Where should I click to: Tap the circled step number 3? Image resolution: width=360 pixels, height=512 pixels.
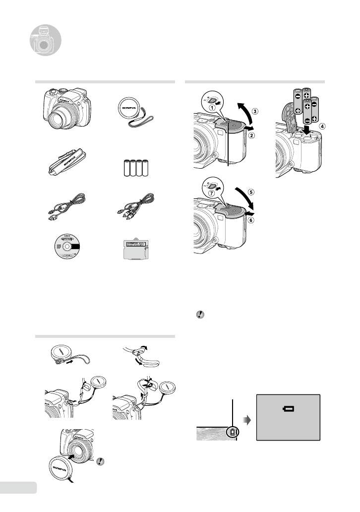pos(254,112)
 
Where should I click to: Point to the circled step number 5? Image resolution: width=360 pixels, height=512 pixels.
pos(251,192)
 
